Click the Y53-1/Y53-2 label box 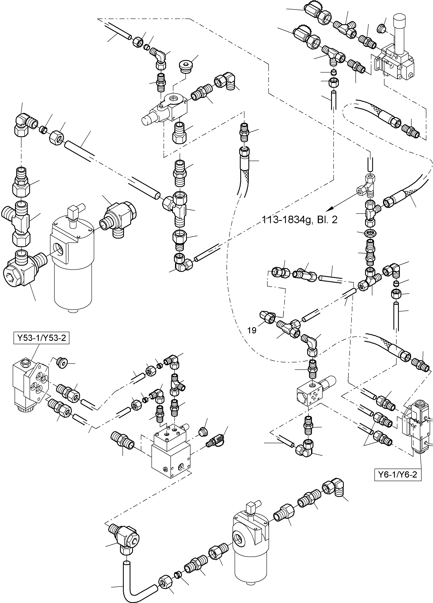pyautogui.click(x=41, y=338)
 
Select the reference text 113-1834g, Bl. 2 pyautogui.click(x=300, y=220)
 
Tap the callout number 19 pyautogui.click(x=252, y=330)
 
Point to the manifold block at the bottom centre pyautogui.click(x=171, y=452)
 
